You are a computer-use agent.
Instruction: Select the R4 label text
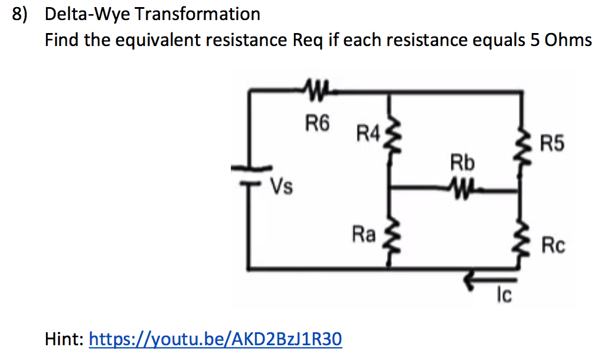pos(369,133)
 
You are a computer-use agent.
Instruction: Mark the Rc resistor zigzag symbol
pos(520,243)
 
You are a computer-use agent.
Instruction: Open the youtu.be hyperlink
pos(215,339)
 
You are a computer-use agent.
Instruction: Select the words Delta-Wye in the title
pos(88,14)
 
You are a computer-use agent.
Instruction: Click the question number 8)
pos(21,14)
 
